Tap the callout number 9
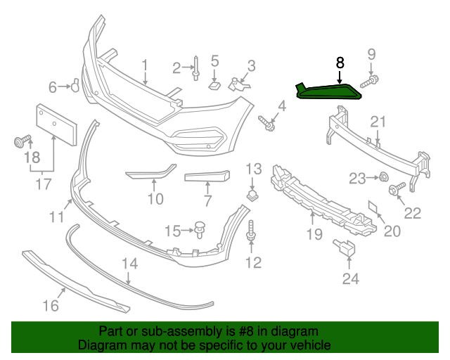click(x=372, y=54)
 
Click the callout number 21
click(x=378, y=123)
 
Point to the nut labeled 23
click(x=385, y=176)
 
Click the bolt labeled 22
click(x=394, y=188)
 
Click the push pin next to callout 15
click(x=200, y=229)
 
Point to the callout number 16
click(x=50, y=304)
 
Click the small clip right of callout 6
click(x=72, y=86)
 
